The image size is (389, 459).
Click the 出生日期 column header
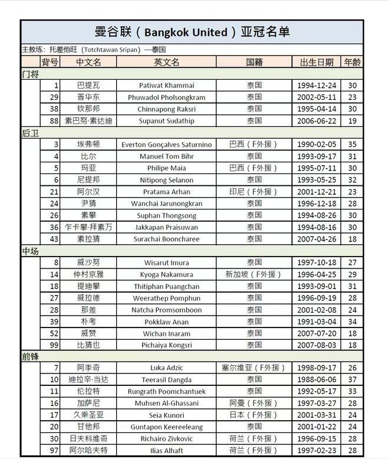click(317, 62)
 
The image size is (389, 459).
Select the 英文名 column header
click(166, 62)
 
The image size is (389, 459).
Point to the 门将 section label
click(30, 74)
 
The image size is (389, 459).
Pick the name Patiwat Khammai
click(166, 86)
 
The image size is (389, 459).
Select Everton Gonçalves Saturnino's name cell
click(166, 145)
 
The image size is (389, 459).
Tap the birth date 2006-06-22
click(318, 121)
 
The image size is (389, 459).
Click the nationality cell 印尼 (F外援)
click(254, 192)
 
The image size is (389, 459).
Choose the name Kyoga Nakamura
click(166, 274)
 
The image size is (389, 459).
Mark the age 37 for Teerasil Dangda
click(352, 381)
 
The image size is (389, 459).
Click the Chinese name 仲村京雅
click(88, 274)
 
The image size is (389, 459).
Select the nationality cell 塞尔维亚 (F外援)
click(254, 369)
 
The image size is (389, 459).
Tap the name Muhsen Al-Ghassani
click(166, 404)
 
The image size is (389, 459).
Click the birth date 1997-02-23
click(318, 451)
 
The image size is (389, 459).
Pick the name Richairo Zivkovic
click(166, 440)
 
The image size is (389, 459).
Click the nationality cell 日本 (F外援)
click(254, 416)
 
